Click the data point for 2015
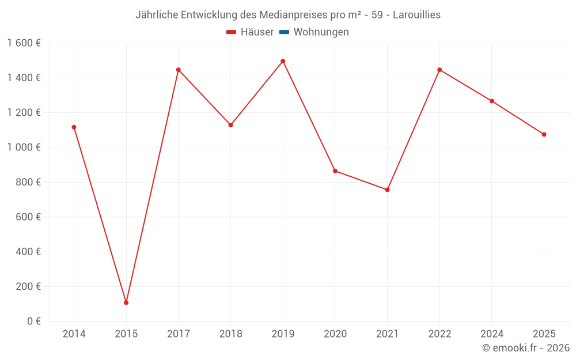(126, 302)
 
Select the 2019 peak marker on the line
(283, 61)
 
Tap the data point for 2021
(387, 190)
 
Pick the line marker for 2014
(74, 127)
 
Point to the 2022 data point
(439, 70)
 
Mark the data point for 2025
(544, 134)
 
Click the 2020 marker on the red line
(335, 171)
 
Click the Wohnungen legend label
(321, 32)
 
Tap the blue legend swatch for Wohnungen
(284, 32)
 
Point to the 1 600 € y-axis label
(24, 43)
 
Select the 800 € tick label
(28, 182)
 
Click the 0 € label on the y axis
(33, 321)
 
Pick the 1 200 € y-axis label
(24, 112)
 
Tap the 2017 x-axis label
(179, 334)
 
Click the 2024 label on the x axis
(491, 334)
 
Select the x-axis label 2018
(230, 334)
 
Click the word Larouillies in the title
(416, 15)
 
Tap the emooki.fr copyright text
(526, 348)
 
